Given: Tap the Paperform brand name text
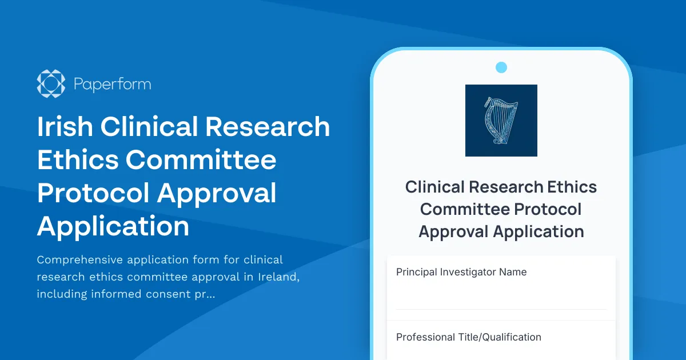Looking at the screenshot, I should click(112, 85).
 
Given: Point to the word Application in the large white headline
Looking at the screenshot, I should click(113, 227).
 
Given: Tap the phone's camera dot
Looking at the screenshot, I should click(501, 68).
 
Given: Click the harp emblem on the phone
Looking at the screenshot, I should click(501, 121).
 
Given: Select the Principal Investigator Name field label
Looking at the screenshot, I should click(461, 272).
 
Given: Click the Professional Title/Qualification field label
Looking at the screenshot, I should click(468, 337).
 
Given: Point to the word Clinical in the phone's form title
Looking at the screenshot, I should click(436, 187).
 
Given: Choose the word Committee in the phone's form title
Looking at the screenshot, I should click(465, 209).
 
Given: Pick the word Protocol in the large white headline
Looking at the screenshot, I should click(93, 193).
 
